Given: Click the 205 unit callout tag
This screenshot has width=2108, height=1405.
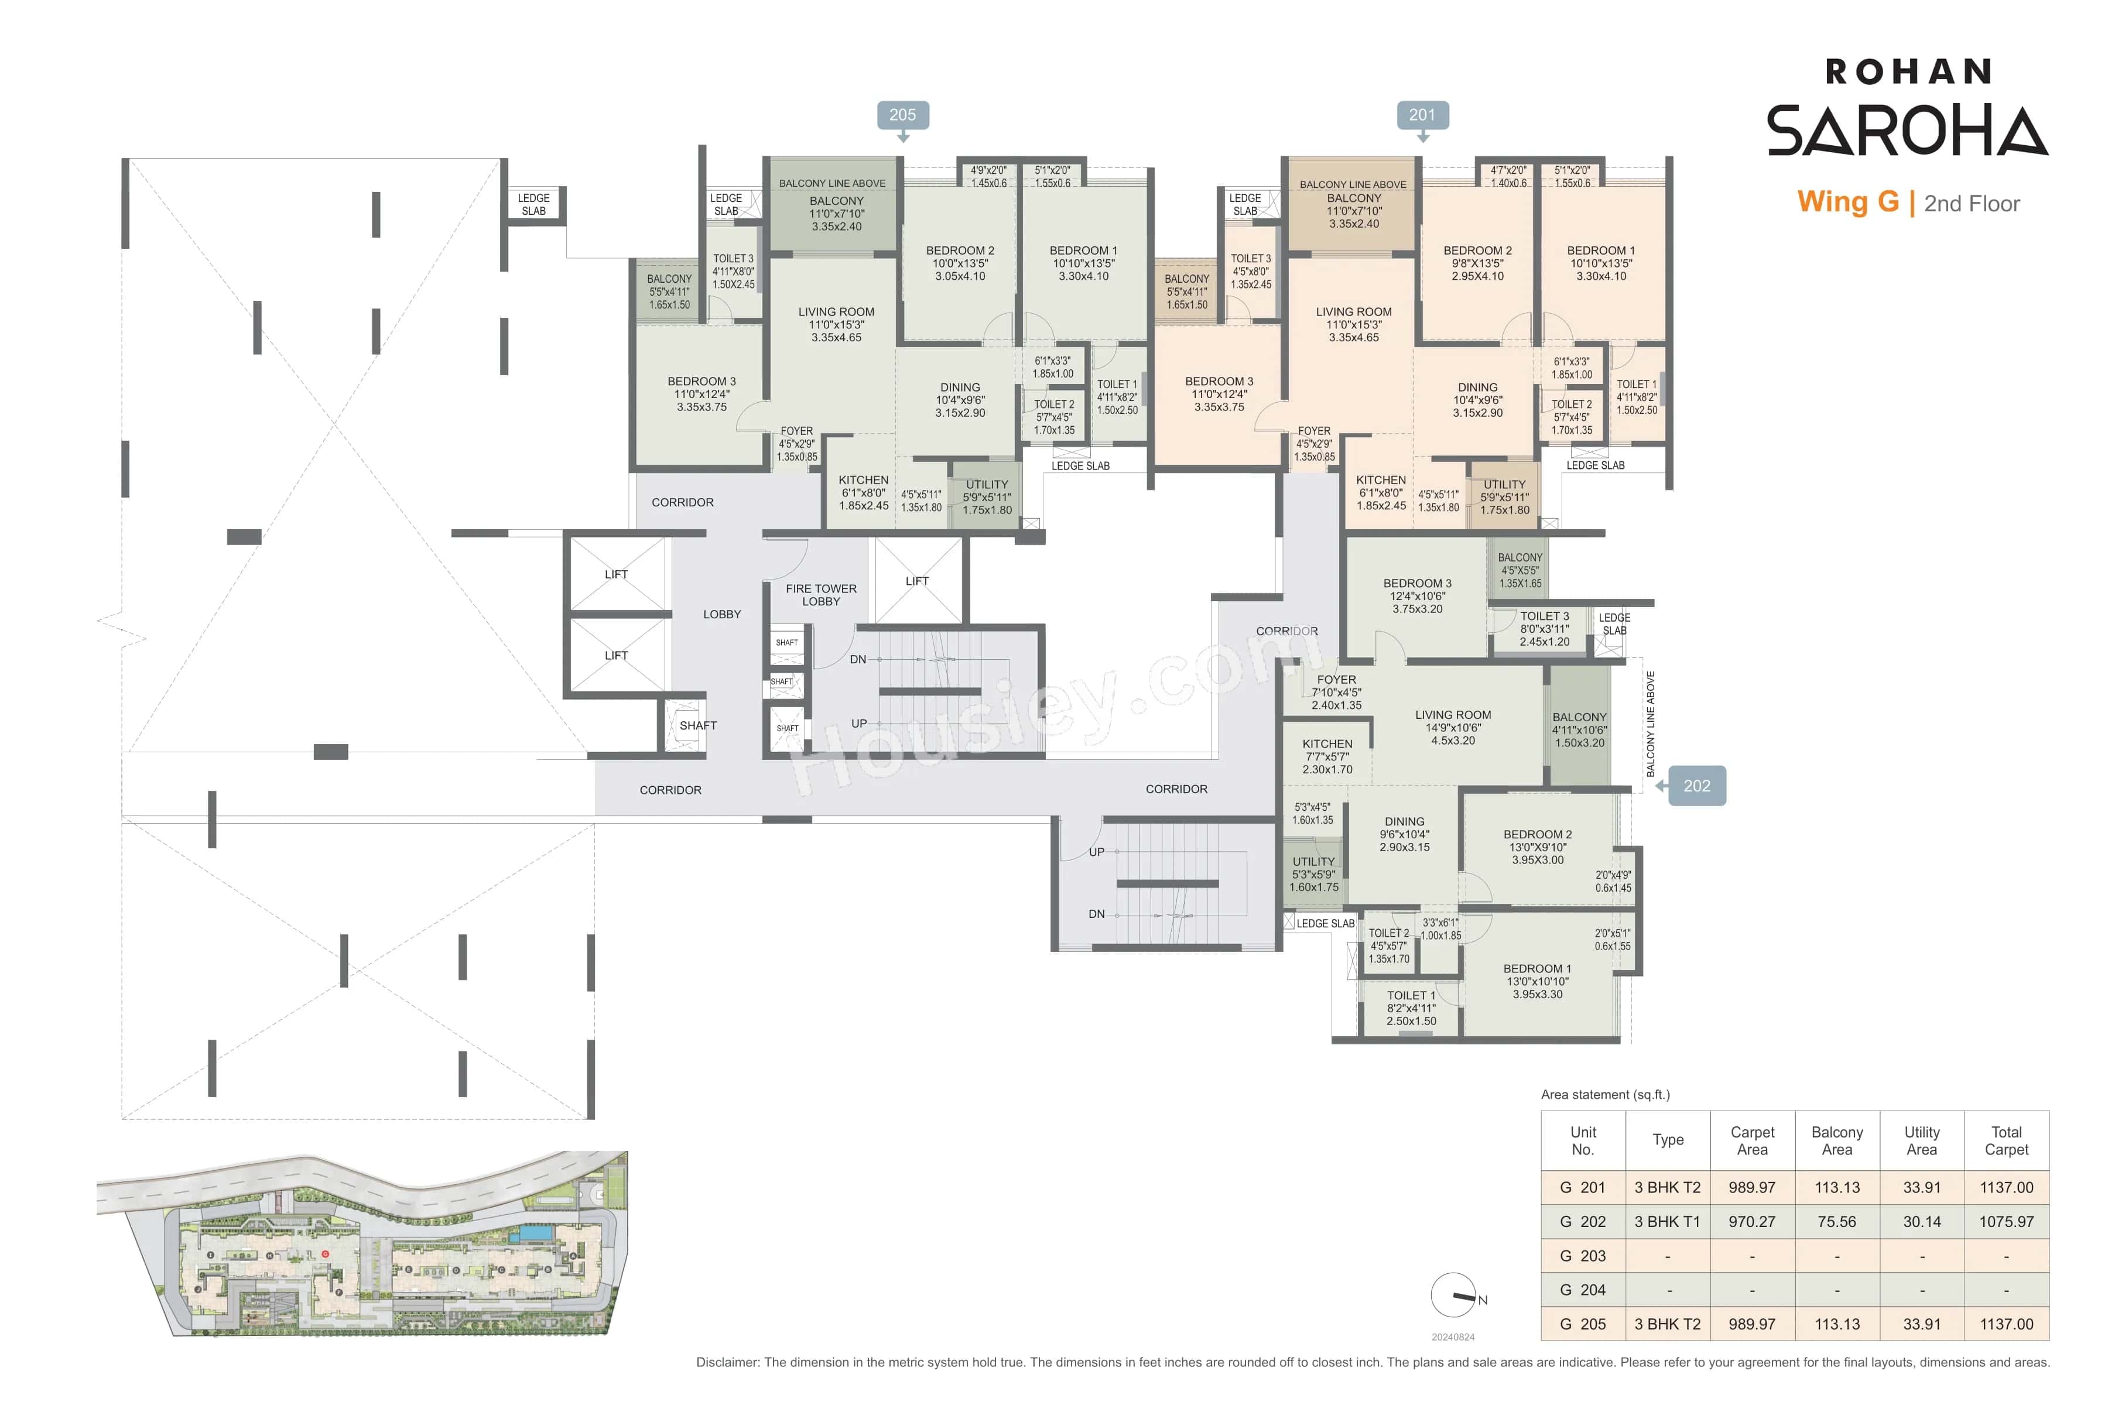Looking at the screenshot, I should pyautogui.click(x=902, y=115).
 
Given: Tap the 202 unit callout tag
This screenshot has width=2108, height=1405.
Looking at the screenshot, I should pyautogui.click(x=1696, y=786).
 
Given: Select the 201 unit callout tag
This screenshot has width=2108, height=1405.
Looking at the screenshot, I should pyautogui.click(x=1422, y=115).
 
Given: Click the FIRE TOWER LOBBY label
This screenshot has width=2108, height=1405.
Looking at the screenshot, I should pyautogui.click(x=821, y=595).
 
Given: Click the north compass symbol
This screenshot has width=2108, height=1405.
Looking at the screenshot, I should pyautogui.click(x=1454, y=1296).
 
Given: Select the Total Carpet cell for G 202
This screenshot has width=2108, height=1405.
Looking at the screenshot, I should pyautogui.click(x=2006, y=1221).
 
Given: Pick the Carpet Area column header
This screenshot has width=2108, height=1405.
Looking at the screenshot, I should pyautogui.click(x=1752, y=1140).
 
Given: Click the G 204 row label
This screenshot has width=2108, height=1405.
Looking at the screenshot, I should pyautogui.click(x=1583, y=1290).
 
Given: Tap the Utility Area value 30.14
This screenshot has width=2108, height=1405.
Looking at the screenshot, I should pyautogui.click(x=1922, y=1221).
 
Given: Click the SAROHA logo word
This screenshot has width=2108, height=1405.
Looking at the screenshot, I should pyautogui.click(x=1907, y=131).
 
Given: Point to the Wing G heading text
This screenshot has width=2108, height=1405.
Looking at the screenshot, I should pyautogui.click(x=1847, y=203).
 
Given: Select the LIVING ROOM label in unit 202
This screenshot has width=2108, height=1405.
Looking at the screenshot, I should pyautogui.click(x=1453, y=715).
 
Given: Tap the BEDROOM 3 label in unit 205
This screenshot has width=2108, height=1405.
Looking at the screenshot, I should pyautogui.click(x=701, y=382).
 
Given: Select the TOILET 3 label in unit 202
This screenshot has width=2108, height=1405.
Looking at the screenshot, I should pyautogui.click(x=1544, y=616).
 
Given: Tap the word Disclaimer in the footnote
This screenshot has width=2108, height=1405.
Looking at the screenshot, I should pyautogui.click(x=727, y=1362).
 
